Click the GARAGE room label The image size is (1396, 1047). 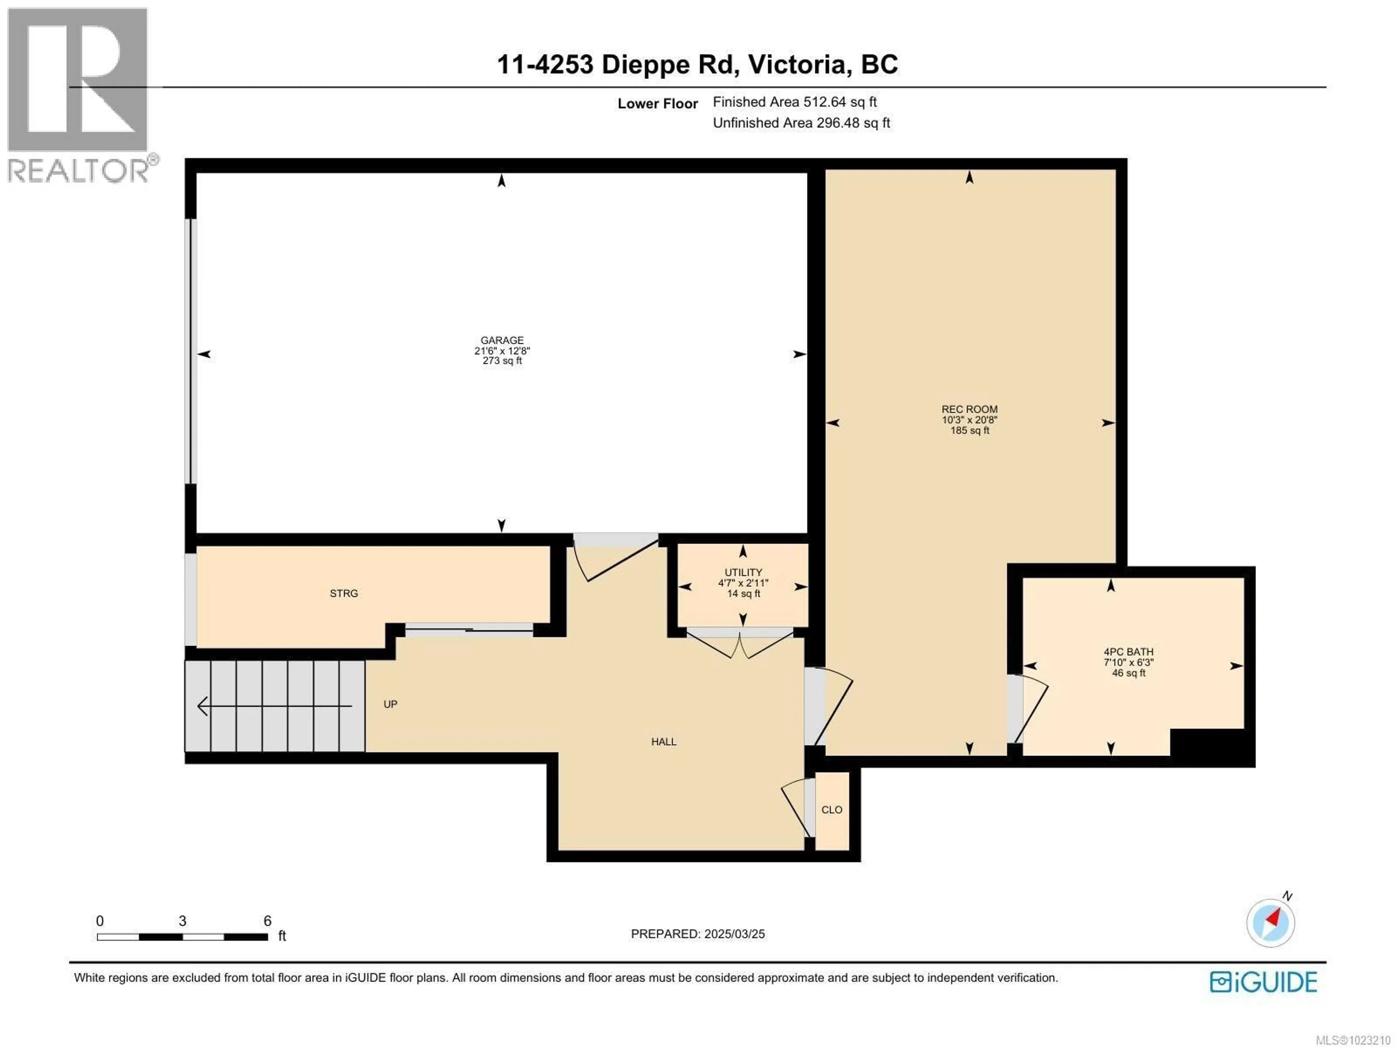[502, 340]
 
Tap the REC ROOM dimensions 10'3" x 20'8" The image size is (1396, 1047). [969, 420]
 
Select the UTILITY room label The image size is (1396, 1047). [743, 573]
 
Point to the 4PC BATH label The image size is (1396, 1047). [1128, 652]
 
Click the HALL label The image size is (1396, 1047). [663, 742]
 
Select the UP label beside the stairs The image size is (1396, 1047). [390, 704]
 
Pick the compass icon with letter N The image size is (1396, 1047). [1271, 922]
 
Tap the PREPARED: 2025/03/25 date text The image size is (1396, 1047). [697, 934]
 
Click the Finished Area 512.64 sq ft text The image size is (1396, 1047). [795, 101]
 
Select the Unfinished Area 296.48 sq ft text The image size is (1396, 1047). [801, 123]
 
